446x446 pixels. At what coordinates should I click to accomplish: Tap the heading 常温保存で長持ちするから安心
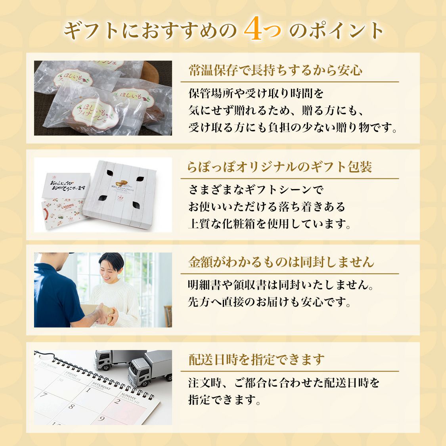pos(275,71)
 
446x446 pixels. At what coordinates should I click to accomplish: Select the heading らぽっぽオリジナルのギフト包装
pos(279,167)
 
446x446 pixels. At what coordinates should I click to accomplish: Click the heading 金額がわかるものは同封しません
pos(281,262)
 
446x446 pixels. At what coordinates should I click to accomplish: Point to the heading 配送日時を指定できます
pos(256,360)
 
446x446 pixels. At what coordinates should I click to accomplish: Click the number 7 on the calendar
pos(44,395)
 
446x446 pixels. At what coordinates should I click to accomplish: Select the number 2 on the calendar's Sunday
pos(117,401)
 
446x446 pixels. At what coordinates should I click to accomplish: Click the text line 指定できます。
pos(224,400)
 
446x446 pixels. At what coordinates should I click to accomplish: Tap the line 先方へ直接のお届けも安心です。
pos(270,302)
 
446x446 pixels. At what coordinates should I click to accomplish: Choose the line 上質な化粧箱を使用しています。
pos(270,224)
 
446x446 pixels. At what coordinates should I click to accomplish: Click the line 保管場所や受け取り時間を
pos(256,94)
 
